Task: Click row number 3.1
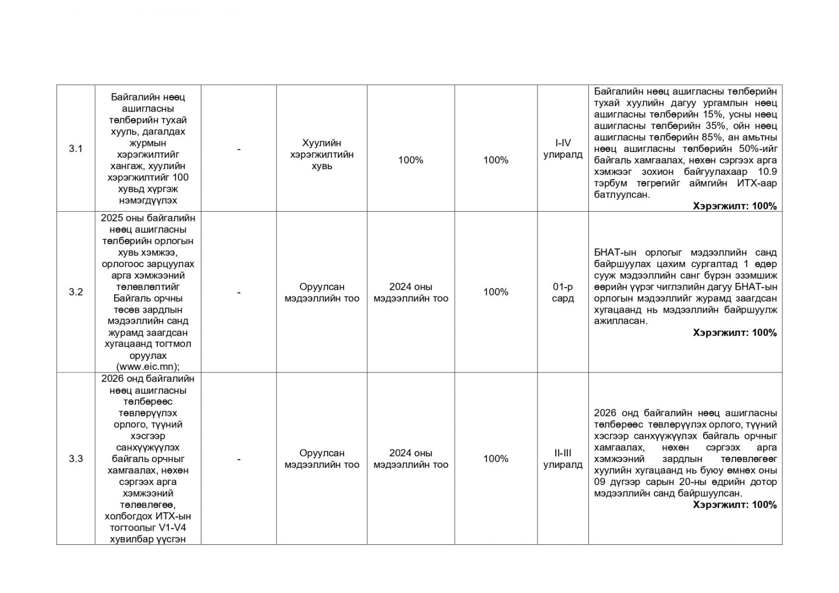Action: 76,149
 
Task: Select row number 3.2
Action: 76,292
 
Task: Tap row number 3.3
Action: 76,459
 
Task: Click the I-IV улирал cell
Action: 563,149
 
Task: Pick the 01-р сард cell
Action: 563,292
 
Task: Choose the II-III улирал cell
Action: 563,459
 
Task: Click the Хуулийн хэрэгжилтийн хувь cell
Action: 321,155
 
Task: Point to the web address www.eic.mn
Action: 147,367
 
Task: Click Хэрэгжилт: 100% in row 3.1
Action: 735,206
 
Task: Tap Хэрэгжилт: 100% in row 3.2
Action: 735,333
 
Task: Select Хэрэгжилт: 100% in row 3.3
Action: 735,505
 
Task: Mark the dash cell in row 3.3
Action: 239,459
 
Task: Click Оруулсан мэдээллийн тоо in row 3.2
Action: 321,292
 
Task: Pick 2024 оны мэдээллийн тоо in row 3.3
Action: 411,459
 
